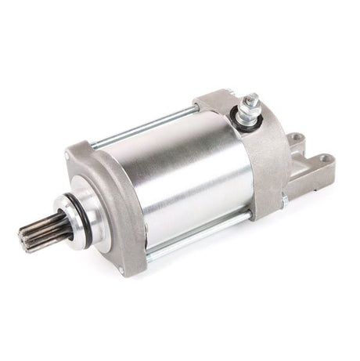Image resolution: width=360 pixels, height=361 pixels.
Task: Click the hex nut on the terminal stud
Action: [251, 106]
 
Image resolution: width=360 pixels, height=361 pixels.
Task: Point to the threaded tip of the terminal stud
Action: [252, 98]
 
